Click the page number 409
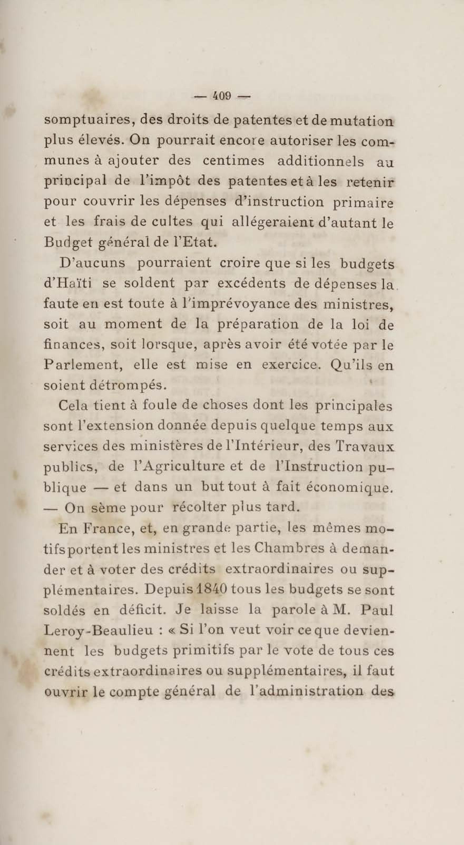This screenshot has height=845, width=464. (222, 96)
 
